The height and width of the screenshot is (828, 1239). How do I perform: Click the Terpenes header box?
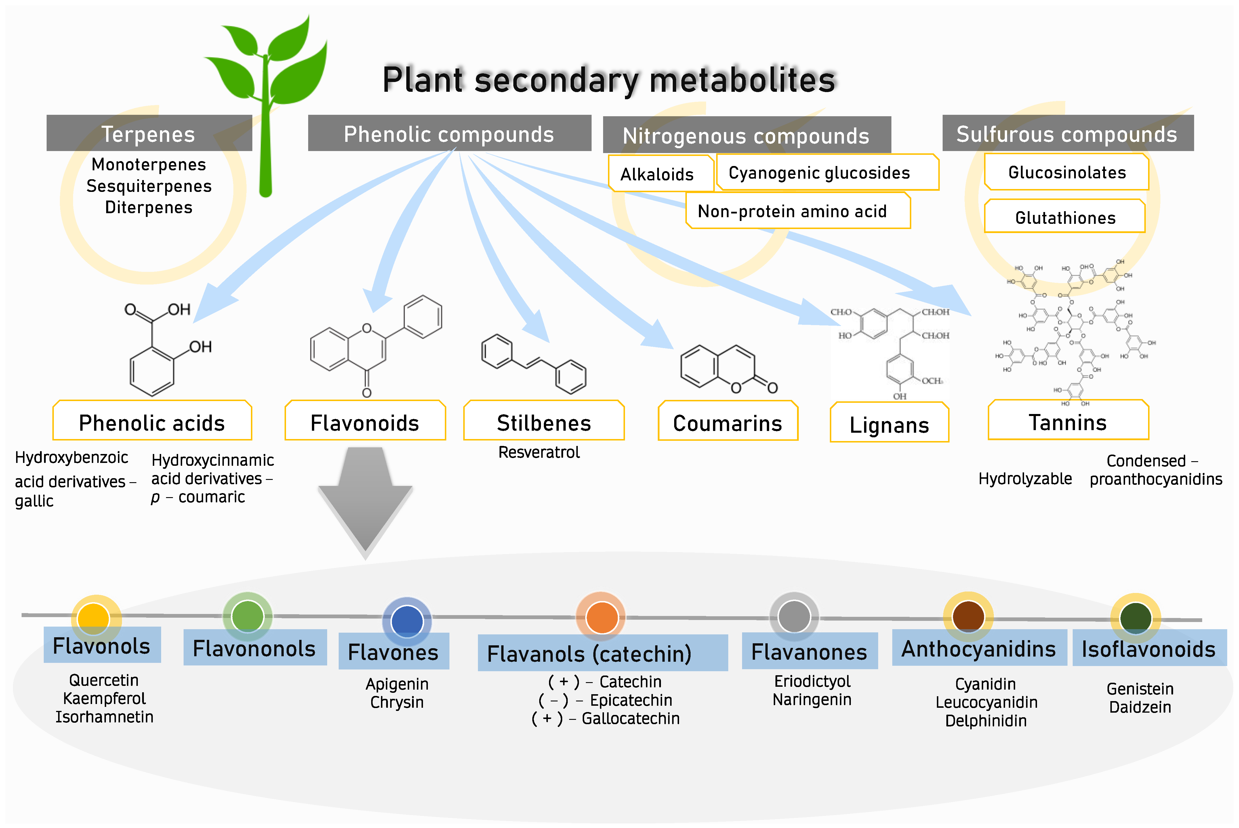149,133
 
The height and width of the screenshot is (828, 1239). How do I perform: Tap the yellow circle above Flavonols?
94,618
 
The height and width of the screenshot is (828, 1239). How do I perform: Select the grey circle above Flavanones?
794,616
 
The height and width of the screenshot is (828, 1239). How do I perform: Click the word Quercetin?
104,680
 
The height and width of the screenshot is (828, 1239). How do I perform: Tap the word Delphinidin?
986,721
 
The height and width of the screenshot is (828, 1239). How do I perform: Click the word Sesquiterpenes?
149,186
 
